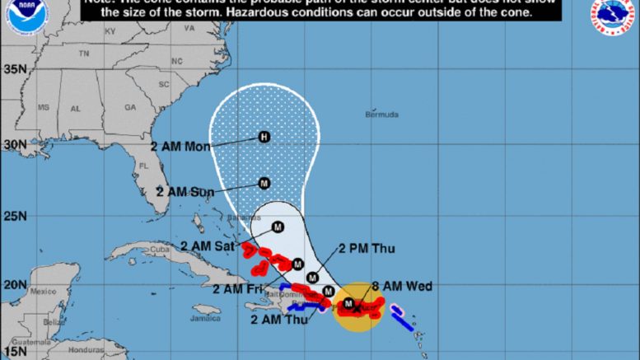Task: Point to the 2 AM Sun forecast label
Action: [x=185, y=191]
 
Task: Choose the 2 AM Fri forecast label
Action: [x=238, y=288]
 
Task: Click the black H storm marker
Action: [x=264, y=137]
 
